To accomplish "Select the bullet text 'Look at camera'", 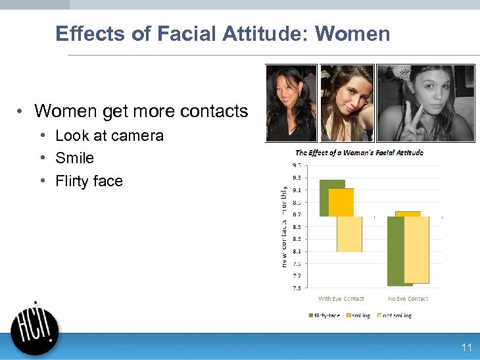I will coord(109,136).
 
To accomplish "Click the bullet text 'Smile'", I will coord(74,158).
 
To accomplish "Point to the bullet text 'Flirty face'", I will coord(89,181).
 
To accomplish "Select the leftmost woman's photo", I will coord(291,103).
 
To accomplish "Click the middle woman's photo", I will coord(347,103).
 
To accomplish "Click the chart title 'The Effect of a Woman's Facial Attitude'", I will coord(358,153).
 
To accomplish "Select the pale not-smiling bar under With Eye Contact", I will coord(349,234).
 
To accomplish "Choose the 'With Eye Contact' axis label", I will coord(341,299).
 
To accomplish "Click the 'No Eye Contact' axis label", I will coord(408,299).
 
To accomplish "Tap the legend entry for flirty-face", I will coord(325,316).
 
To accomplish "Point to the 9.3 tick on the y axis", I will coord(297,178).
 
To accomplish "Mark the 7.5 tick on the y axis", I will coord(297,288).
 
